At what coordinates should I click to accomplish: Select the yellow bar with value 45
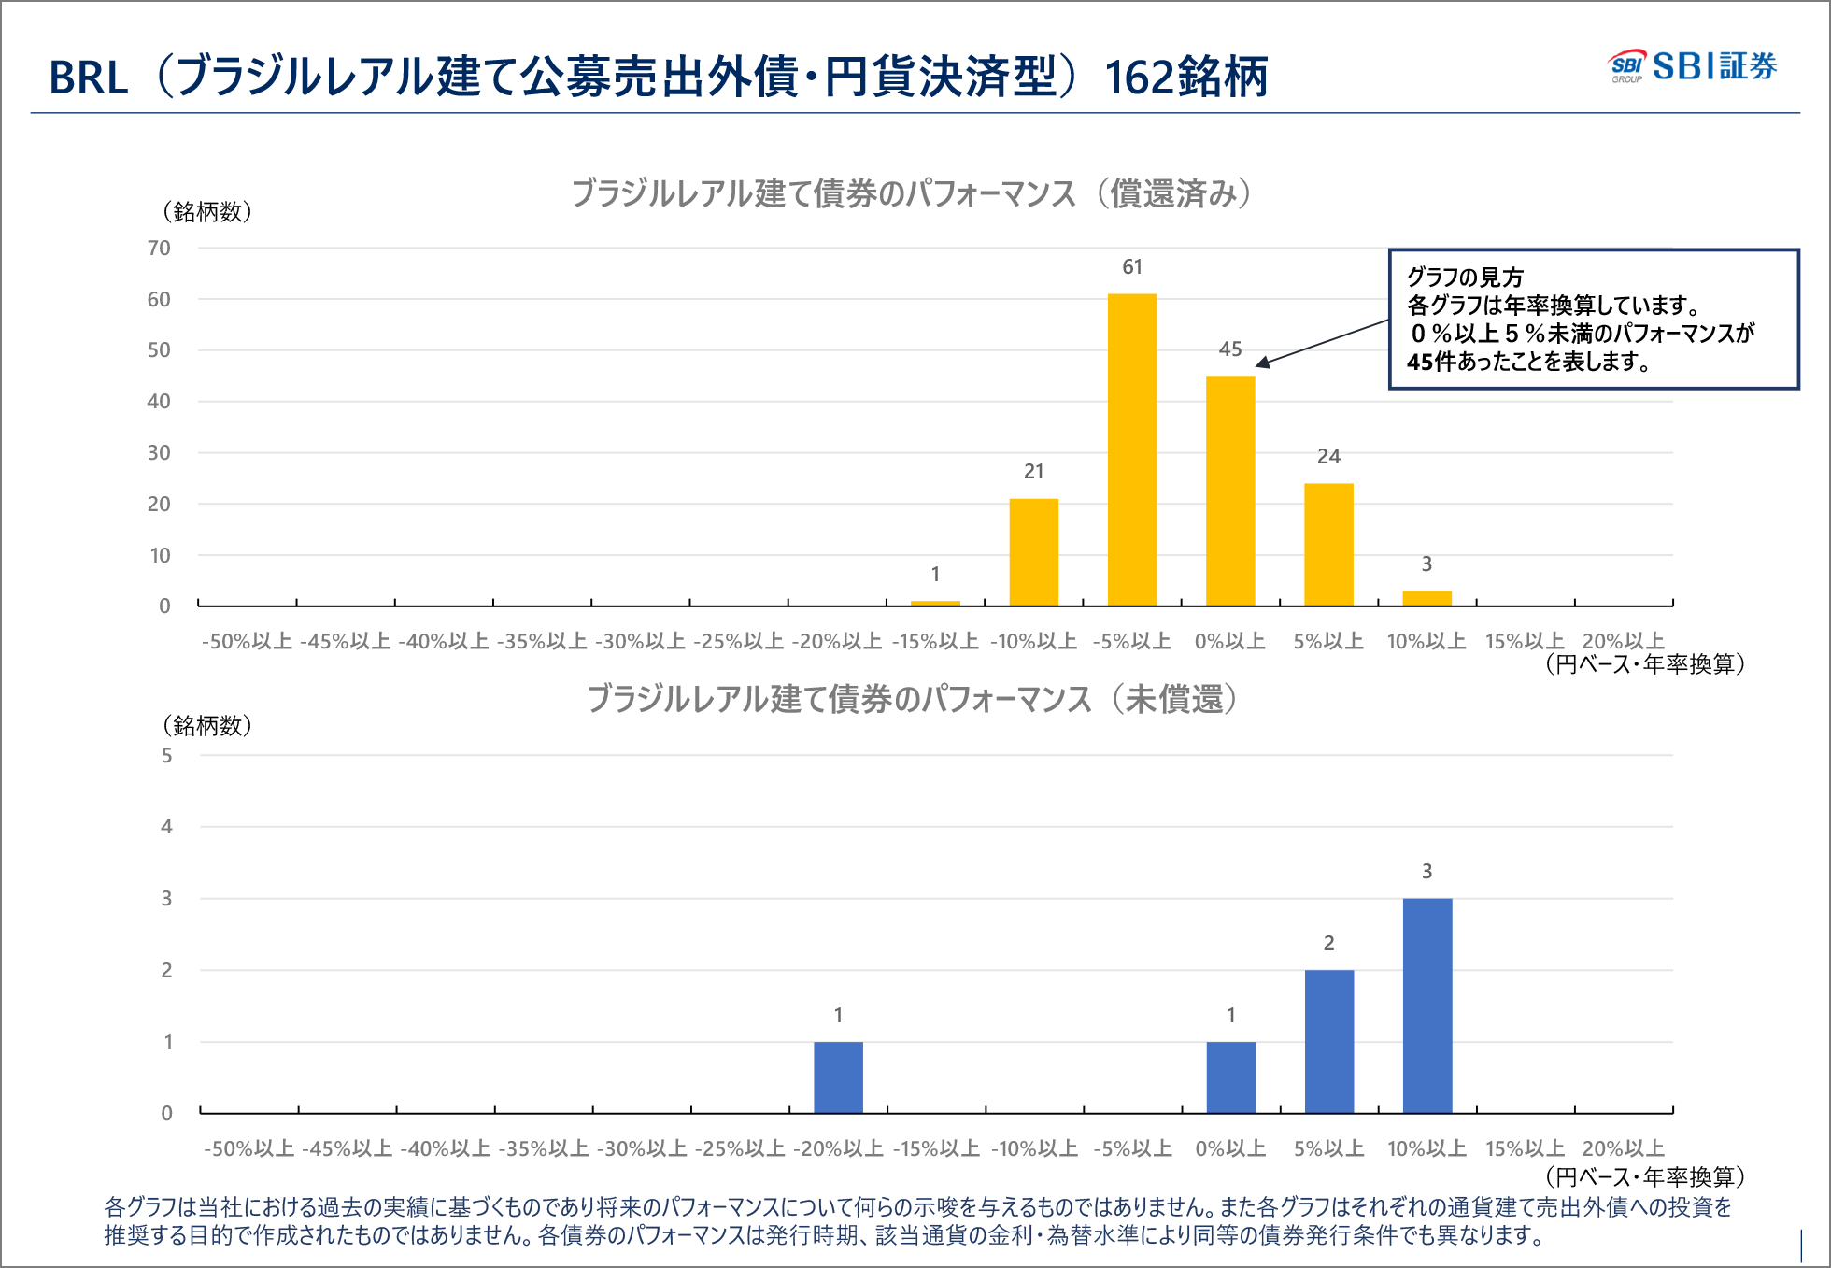[x=1229, y=491]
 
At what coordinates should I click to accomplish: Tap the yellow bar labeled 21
[x=1033, y=551]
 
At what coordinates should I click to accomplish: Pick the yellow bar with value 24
[x=1327, y=544]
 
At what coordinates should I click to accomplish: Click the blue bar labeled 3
[x=1426, y=1004]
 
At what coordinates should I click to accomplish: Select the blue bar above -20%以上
[x=838, y=1076]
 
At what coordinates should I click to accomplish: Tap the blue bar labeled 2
[x=1328, y=1041]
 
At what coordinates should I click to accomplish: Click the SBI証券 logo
[x=1692, y=66]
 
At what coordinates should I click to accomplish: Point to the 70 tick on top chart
[x=159, y=248]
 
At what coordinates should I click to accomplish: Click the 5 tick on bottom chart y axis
[x=166, y=755]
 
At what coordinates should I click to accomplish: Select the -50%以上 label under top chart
[x=247, y=641]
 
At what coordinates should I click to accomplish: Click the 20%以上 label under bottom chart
[x=1623, y=1148]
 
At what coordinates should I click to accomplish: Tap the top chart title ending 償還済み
[x=911, y=193]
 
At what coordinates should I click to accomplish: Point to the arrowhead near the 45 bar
[x=1262, y=363]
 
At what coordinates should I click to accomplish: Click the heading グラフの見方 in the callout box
[x=1465, y=277]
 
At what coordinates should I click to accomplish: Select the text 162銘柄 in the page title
[x=1185, y=77]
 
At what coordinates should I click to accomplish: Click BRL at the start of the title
[x=88, y=78]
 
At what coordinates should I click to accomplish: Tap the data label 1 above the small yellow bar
[x=935, y=574]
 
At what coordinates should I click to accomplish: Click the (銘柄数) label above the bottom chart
[x=207, y=725]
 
